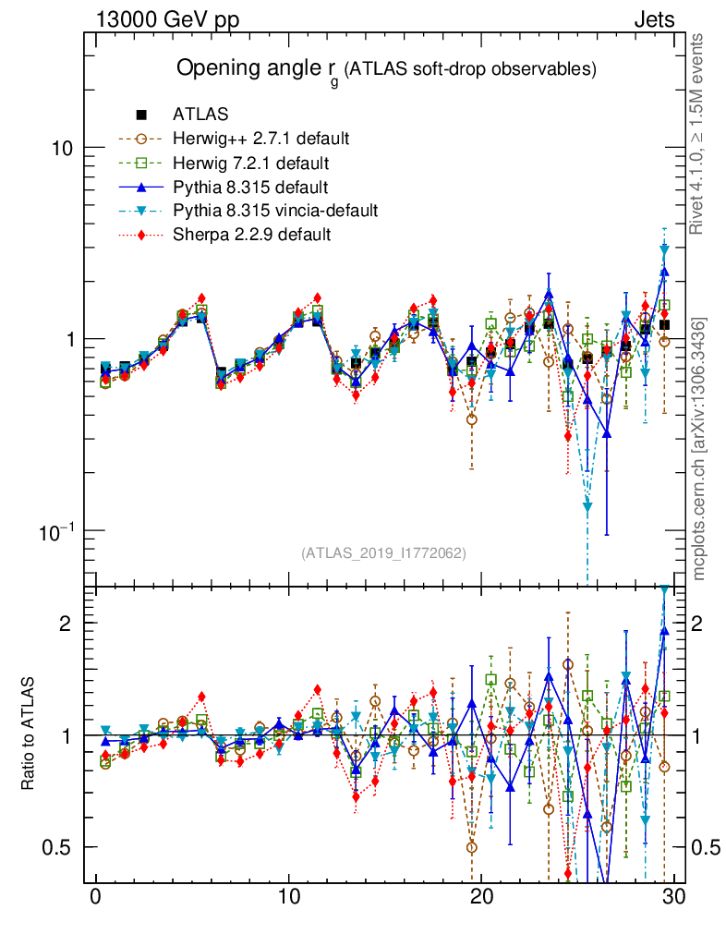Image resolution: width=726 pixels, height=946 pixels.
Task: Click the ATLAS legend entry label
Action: [x=200, y=115]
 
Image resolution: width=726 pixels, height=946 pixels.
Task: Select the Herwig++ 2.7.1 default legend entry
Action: [x=260, y=139]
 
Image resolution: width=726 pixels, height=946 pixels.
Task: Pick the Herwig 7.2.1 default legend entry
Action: [x=251, y=163]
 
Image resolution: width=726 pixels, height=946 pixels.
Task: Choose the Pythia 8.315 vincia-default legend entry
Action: [x=275, y=211]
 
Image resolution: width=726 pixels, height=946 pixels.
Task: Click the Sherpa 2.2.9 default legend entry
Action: [x=251, y=235]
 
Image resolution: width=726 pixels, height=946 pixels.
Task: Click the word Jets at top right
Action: [x=653, y=19]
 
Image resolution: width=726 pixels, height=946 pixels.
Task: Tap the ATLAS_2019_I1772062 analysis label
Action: [x=383, y=553]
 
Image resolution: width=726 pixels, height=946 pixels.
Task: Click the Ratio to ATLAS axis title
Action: [x=28, y=735]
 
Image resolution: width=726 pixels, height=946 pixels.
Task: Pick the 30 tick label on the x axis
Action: [x=673, y=896]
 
